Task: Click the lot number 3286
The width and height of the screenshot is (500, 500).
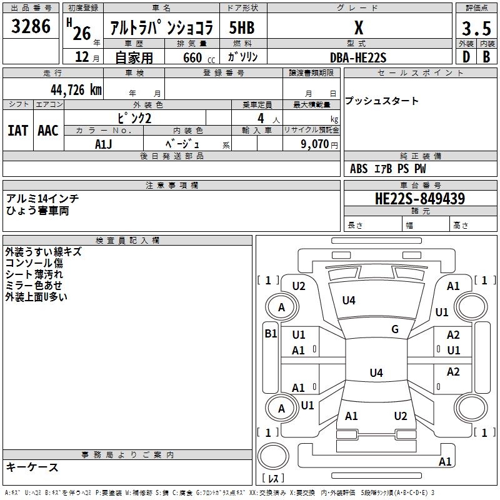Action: (31, 26)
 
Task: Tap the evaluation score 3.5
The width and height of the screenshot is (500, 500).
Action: (476, 28)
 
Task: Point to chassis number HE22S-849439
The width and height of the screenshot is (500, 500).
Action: (420, 199)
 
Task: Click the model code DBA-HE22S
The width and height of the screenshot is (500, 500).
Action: (358, 57)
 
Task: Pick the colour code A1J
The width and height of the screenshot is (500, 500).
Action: (103, 144)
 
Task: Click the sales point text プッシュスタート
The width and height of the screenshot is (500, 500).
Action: (381, 101)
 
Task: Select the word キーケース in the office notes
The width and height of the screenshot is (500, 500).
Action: (32, 467)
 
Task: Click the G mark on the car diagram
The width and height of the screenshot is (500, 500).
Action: (395, 329)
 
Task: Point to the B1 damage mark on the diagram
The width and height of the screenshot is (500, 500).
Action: (271, 334)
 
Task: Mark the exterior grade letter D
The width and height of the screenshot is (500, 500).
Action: (466, 56)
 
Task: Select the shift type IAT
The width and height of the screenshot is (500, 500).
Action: (17, 131)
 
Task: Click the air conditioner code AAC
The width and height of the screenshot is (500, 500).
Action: (47, 131)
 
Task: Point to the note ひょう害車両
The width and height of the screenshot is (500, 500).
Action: (37, 211)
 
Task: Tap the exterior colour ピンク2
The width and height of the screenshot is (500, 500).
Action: (134, 118)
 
